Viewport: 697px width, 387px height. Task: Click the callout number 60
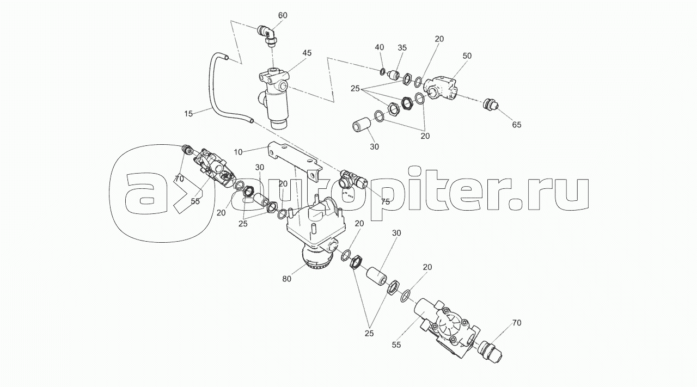point(283,15)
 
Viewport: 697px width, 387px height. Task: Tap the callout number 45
point(307,53)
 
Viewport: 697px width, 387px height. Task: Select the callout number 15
point(188,114)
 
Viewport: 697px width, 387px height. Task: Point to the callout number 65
point(517,125)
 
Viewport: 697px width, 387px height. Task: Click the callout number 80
point(286,279)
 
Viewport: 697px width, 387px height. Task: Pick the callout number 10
point(238,152)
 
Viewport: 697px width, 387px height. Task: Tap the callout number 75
point(385,202)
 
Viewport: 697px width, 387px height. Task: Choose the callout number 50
point(467,56)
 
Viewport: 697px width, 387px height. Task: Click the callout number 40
point(380,47)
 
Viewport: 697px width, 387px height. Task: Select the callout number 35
point(402,47)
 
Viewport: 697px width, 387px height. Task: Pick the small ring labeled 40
point(382,72)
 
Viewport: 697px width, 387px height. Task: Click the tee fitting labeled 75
point(353,179)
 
